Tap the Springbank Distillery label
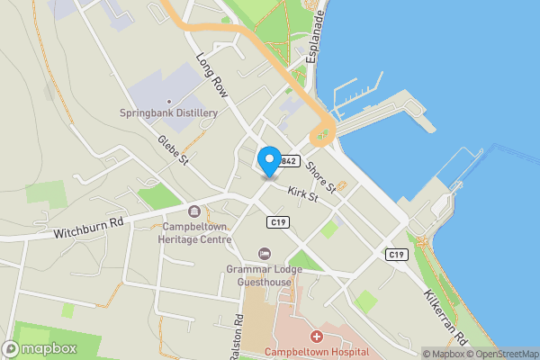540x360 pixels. click(x=169, y=112)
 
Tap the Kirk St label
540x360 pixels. click(x=304, y=193)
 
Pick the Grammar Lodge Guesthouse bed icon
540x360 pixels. click(x=264, y=253)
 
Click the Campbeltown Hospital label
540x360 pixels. click(x=317, y=352)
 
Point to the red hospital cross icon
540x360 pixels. click(x=317, y=336)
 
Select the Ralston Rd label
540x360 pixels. click(x=237, y=336)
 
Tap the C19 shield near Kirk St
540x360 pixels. click(x=278, y=221)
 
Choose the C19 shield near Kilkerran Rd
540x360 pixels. click(x=397, y=255)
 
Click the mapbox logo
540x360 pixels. click(x=40, y=348)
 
